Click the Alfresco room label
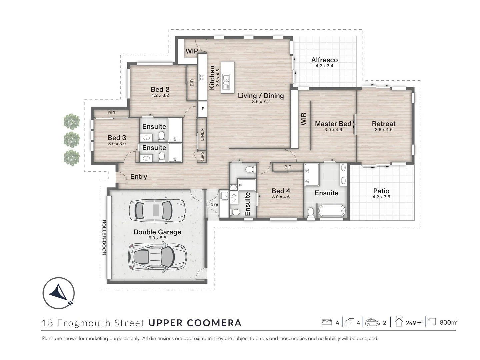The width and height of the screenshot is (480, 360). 324,60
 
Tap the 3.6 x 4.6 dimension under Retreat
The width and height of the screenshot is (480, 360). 384,130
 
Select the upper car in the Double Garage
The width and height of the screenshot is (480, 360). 157,210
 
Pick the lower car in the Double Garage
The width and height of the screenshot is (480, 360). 157,256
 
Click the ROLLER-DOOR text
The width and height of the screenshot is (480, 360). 104,237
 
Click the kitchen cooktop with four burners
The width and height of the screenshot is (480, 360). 203,78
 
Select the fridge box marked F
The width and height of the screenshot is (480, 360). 203,109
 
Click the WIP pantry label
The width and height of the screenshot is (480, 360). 192,51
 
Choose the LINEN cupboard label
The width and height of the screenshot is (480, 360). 202,134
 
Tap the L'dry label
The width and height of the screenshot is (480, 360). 212,204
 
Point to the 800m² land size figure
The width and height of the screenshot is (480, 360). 448,322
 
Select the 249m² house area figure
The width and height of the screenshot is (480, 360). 414,323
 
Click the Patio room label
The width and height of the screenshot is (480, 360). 381,191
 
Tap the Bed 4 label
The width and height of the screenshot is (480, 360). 281,191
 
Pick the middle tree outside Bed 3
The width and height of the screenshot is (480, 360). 72,139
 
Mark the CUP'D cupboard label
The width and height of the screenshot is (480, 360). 202,156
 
